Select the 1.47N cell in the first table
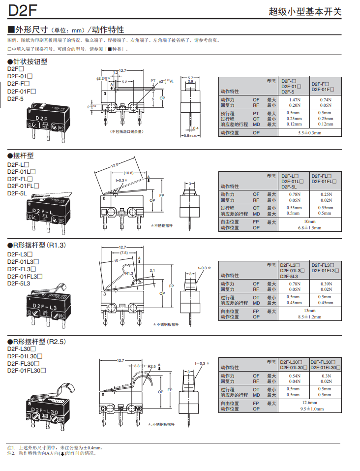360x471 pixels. click(294, 99)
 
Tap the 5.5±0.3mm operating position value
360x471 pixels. click(309, 133)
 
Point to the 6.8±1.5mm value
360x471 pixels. click(309, 227)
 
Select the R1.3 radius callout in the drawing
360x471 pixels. click(129, 273)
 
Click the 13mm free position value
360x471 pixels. click(310, 311)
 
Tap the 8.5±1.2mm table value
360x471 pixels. click(310, 317)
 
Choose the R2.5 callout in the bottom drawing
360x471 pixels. click(151, 367)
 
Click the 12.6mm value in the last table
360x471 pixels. click(309, 403)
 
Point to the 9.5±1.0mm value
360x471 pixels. click(309, 408)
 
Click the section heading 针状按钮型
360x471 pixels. click(30, 62)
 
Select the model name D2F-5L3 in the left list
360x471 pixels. click(19, 283)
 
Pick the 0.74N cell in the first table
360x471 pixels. click(325, 99)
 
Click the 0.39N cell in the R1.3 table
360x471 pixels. click(325, 284)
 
